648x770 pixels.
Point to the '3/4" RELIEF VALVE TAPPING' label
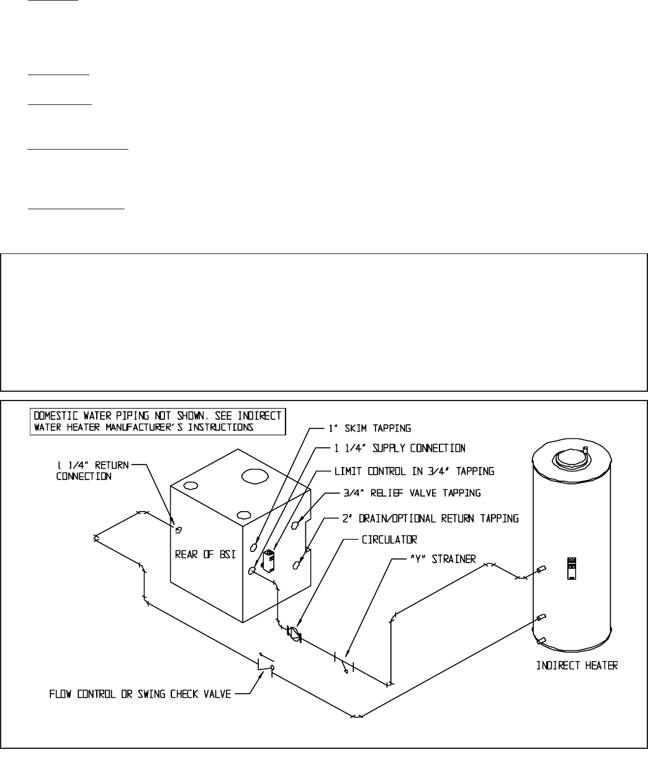point(402,494)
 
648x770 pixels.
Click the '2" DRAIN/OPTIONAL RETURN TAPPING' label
point(430,517)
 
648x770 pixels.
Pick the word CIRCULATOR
point(389,539)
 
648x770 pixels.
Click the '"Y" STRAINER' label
point(441,559)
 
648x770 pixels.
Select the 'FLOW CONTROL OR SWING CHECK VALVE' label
point(140,694)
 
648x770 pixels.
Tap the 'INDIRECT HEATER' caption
point(577,666)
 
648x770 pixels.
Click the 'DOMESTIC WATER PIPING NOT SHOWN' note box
point(158,421)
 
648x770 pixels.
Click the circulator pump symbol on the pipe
point(293,634)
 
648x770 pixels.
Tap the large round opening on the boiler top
point(254,476)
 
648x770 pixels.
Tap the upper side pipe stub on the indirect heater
point(541,569)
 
